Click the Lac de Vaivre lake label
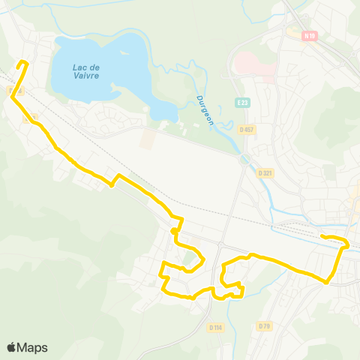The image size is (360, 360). click(88, 70)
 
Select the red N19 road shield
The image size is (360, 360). click(310, 35)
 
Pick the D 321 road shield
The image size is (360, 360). click(265, 173)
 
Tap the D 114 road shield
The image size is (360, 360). click(216, 328)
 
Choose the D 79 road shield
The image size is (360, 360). click(263, 326)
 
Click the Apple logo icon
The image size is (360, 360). click(13, 347)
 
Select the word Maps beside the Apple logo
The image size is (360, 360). click(33, 347)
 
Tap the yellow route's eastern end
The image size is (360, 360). click(323, 237)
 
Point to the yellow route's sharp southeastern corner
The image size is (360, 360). click(328, 282)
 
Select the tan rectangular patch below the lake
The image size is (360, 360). click(148, 138)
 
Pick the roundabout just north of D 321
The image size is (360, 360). click(243, 159)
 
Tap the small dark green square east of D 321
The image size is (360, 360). click(330, 172)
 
